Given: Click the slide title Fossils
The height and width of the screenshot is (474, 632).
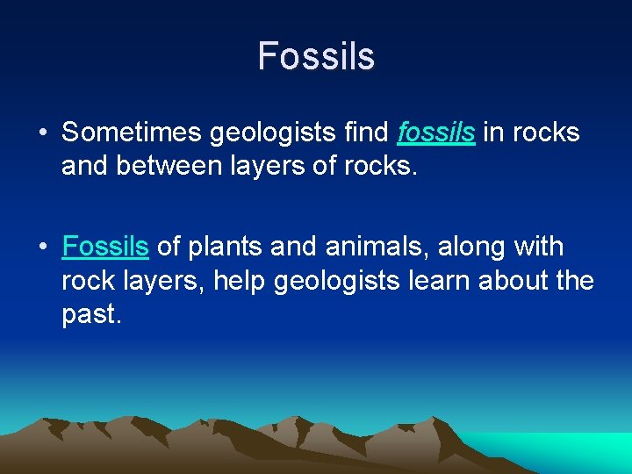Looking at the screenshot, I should (316, 56).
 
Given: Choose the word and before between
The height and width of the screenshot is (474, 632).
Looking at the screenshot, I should (84, 166).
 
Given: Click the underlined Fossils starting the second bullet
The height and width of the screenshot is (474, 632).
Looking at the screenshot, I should (105, 248).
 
